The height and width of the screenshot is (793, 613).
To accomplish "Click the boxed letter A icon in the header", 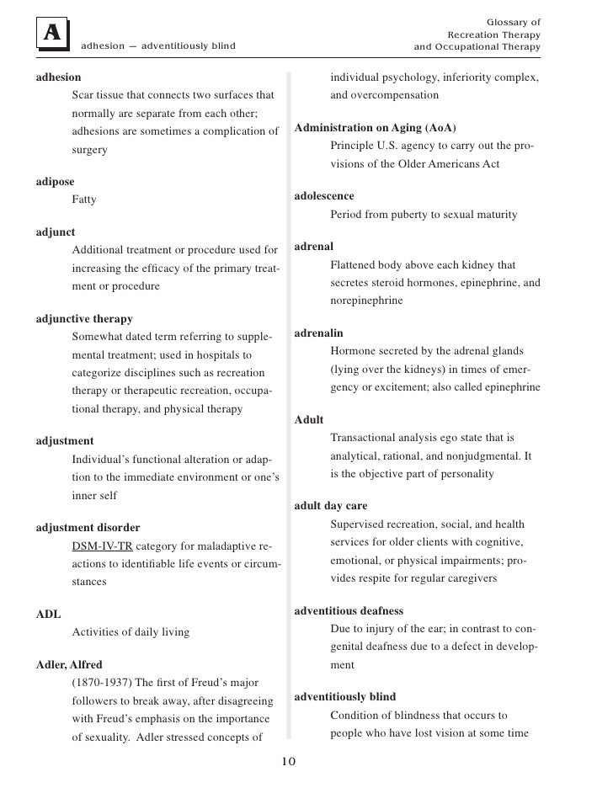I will coord(52,34).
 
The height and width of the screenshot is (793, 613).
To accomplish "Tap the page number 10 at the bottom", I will coord(288,762).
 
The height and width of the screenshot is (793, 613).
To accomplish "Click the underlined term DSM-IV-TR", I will coord(103,546).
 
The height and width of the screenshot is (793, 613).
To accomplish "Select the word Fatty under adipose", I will coord(84,200).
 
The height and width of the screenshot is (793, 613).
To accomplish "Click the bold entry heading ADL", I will coord(48,614).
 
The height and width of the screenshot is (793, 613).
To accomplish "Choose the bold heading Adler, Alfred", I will coord(69,664).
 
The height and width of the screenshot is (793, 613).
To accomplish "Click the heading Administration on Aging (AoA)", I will coord(375,128).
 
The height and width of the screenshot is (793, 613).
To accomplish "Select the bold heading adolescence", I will coord(324,196).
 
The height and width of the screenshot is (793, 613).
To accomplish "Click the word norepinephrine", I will coord(366,301).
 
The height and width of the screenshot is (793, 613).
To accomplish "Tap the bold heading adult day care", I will coord(331,506).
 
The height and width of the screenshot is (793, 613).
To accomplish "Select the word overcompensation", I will coord(384,96).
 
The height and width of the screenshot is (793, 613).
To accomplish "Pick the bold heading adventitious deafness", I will coord(349,610).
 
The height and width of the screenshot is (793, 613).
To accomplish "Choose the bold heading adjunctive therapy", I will coord(84,319).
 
